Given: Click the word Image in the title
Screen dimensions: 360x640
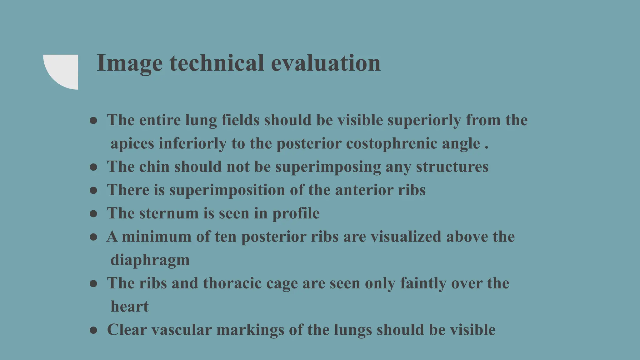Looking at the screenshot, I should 129,63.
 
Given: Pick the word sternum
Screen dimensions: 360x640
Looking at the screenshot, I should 169,213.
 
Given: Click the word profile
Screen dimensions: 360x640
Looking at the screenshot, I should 296,214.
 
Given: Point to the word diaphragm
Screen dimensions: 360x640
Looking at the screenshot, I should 150,260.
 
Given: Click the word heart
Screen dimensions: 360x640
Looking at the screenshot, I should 129,307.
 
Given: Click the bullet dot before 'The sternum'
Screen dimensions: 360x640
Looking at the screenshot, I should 93,214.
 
